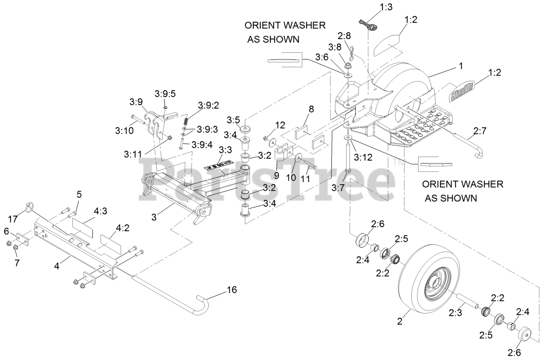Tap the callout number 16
tap(232, 290)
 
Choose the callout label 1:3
tap(387, 7)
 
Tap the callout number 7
tap(17, 262)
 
